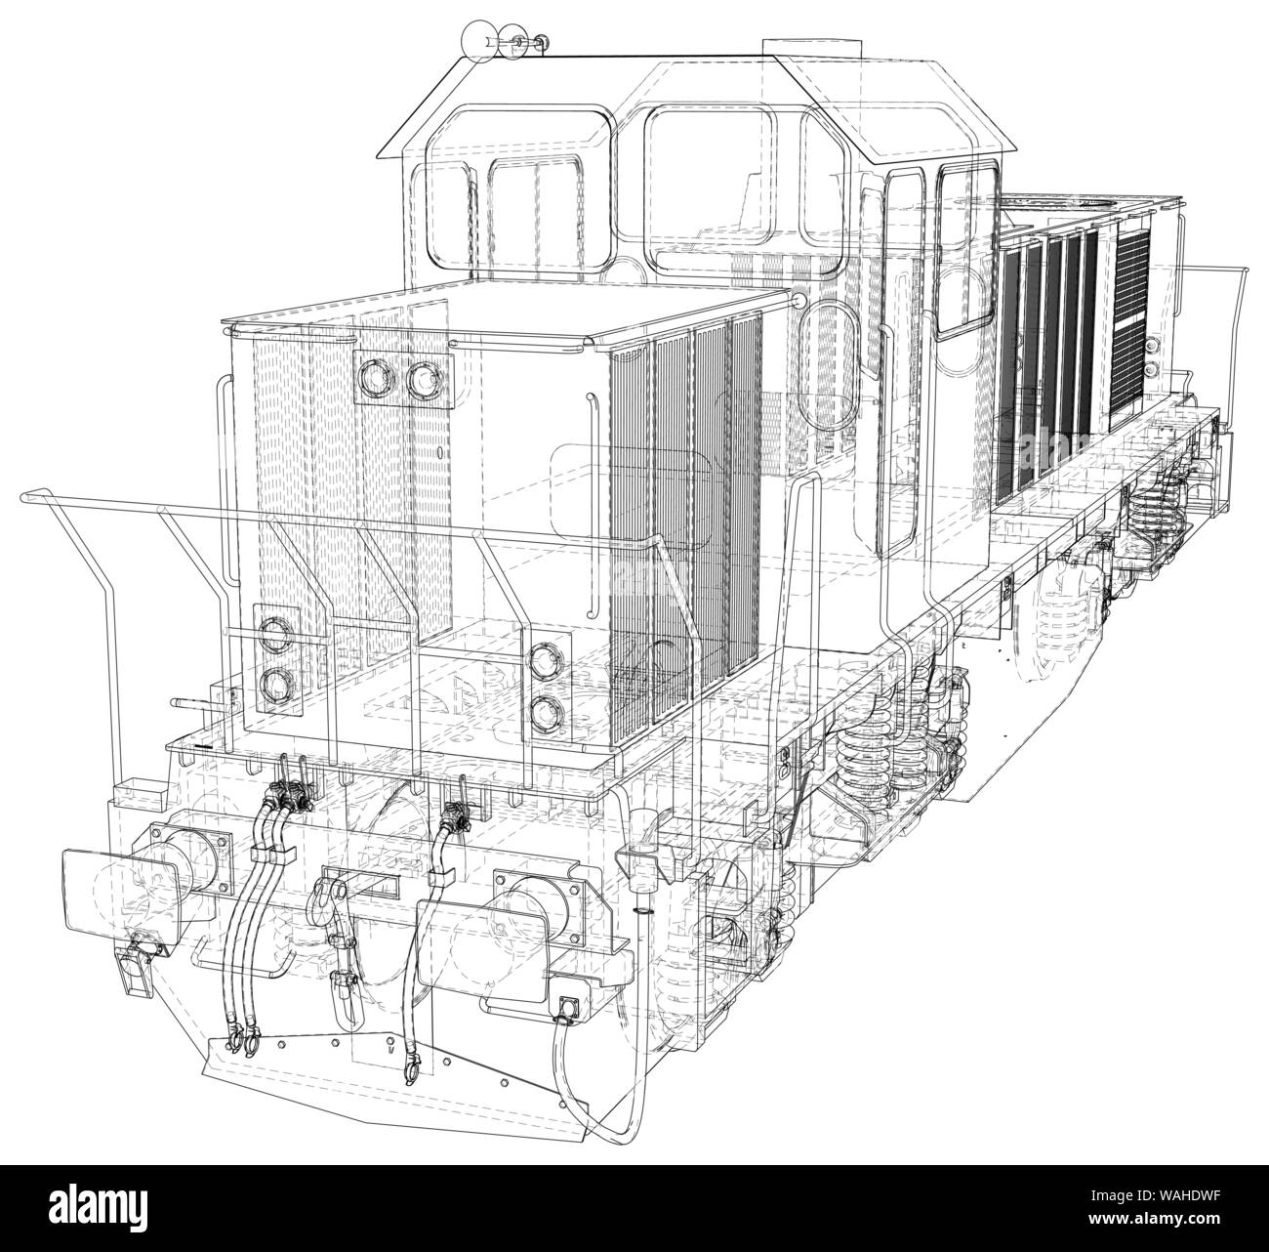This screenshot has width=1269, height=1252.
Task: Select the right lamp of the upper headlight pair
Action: click(422, 380)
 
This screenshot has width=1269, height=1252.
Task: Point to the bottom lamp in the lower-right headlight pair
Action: click(543, 715)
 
